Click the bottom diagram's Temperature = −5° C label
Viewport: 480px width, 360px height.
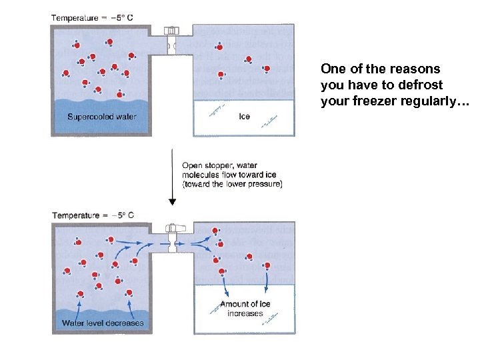[x=93, y=215]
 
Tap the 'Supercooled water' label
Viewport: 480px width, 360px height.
[x=102, y=117]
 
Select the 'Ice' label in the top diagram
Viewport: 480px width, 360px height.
[x=245, y=117]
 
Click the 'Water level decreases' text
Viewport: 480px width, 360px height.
[x=103, y=323]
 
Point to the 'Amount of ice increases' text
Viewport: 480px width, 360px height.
[x=245, y=309]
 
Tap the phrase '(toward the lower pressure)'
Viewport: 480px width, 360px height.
[x=232, y=185]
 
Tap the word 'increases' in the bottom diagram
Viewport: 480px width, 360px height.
[x=245, y=313]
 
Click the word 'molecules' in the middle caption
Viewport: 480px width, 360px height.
[x=201, y=175]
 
